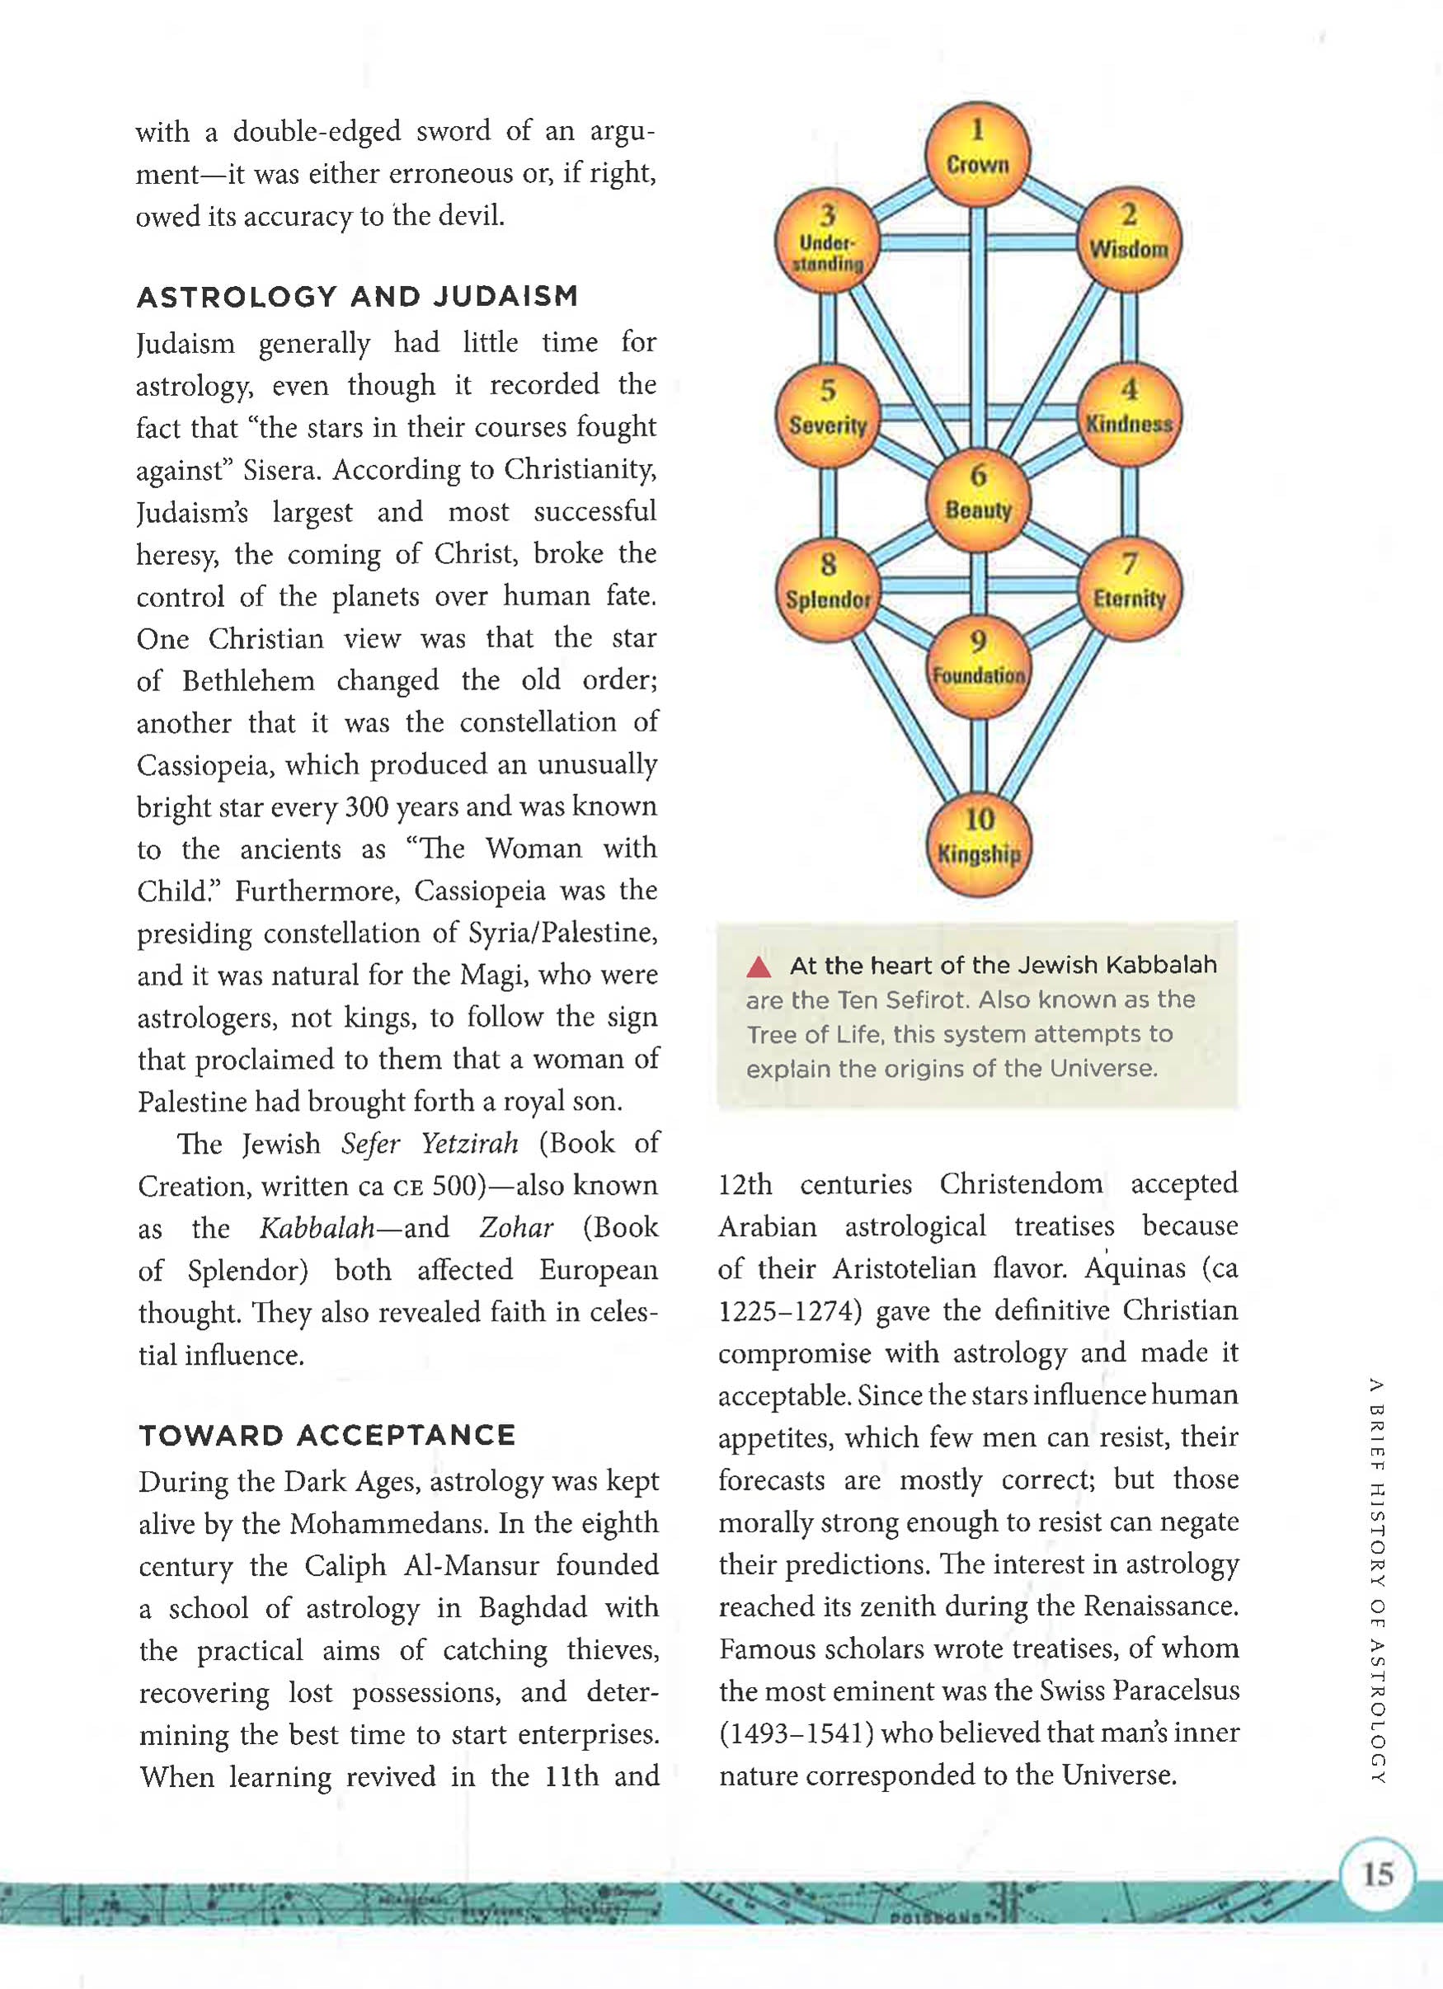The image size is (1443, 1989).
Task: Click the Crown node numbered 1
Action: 977,153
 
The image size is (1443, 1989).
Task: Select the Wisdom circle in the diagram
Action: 1129,239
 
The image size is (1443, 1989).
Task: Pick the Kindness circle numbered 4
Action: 1129,414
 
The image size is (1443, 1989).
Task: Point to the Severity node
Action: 828,416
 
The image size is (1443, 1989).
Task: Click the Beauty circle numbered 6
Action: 979,500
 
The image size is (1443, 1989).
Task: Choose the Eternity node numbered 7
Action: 1129,589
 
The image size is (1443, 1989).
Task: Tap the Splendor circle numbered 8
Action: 828,590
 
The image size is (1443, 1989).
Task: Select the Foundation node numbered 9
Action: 979,666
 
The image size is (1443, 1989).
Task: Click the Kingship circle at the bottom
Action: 980,844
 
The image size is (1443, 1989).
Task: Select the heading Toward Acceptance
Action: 327,1436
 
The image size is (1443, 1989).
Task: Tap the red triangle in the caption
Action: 759,967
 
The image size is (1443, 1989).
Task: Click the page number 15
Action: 1377,1874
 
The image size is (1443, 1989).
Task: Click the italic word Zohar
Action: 515,1227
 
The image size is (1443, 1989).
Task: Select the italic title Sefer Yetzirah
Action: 430,1144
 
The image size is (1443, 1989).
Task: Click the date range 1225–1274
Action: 791,1311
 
